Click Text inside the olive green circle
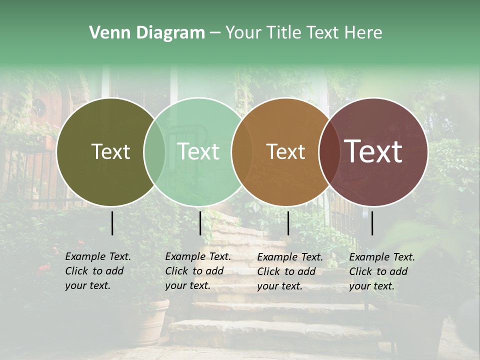pos(110,152)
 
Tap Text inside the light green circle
pos(198,152)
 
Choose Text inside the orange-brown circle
pos(285,152)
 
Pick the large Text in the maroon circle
pos(373,151)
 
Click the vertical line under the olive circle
pos(112,223)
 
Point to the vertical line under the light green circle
pos(200,223)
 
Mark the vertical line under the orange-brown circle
pos(288,223)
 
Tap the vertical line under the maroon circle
pos(372,223)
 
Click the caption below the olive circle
pos(98,271)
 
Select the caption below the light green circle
pos(198,271)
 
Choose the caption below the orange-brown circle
pos(290,271)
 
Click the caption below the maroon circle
pos(382,271)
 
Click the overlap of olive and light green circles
pos(154,152)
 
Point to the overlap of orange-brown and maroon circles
pos(328,152)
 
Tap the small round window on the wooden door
pos(39,106)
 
